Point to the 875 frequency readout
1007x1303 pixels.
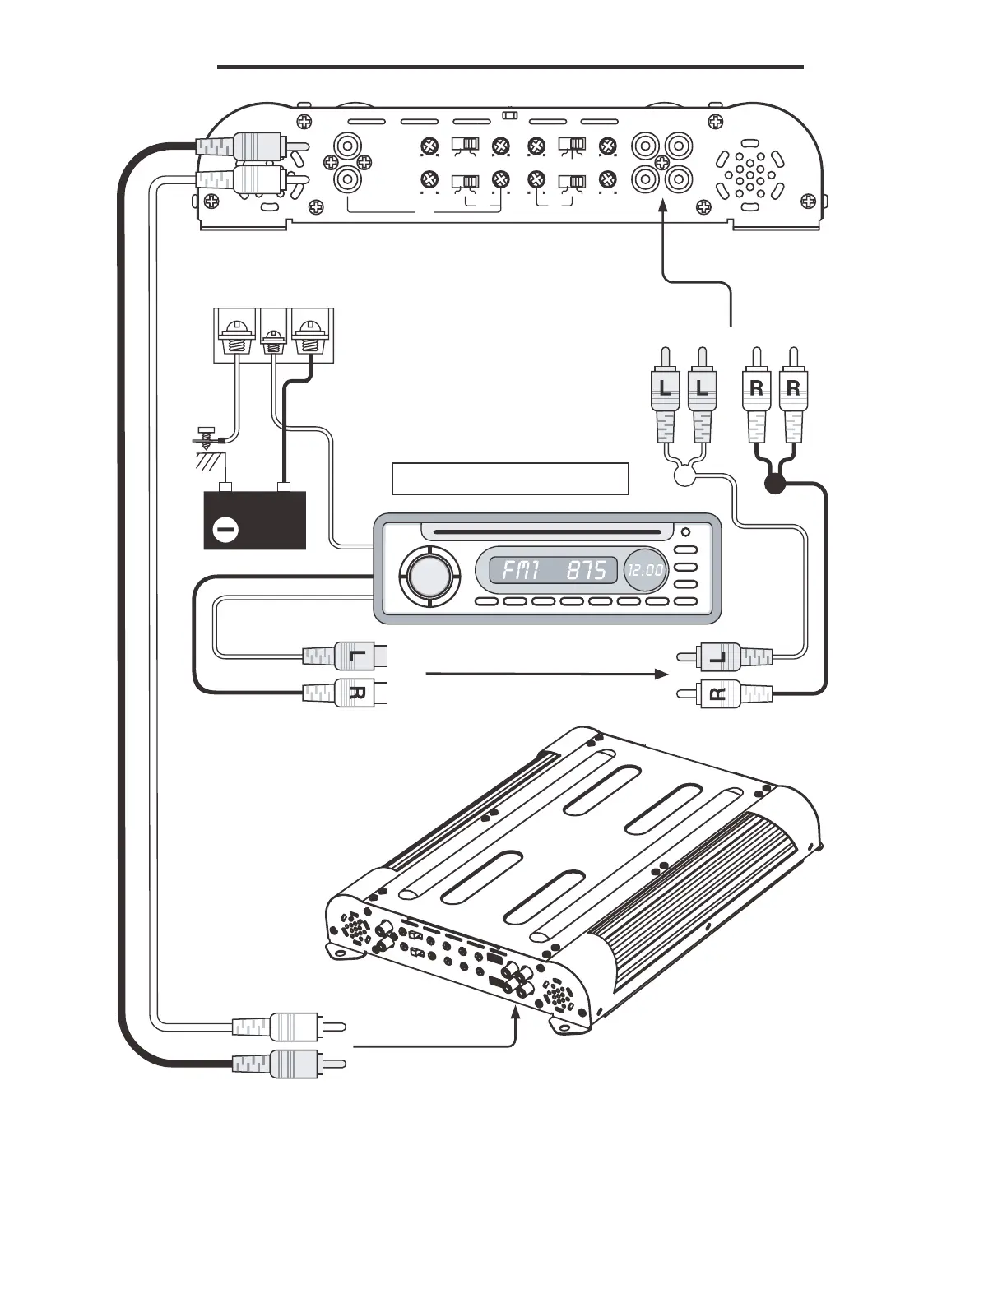[587, 570]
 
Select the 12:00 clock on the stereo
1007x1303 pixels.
[646, 569]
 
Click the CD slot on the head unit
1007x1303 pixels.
[547, 532]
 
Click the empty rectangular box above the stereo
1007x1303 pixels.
[510, 479]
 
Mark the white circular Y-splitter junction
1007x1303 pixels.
[684, 475]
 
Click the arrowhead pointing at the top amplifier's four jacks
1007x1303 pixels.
[662, 212]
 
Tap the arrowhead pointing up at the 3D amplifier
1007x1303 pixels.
[516, 1014]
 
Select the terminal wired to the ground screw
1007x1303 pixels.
[236, 336]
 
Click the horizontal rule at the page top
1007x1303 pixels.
[510, 67]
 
